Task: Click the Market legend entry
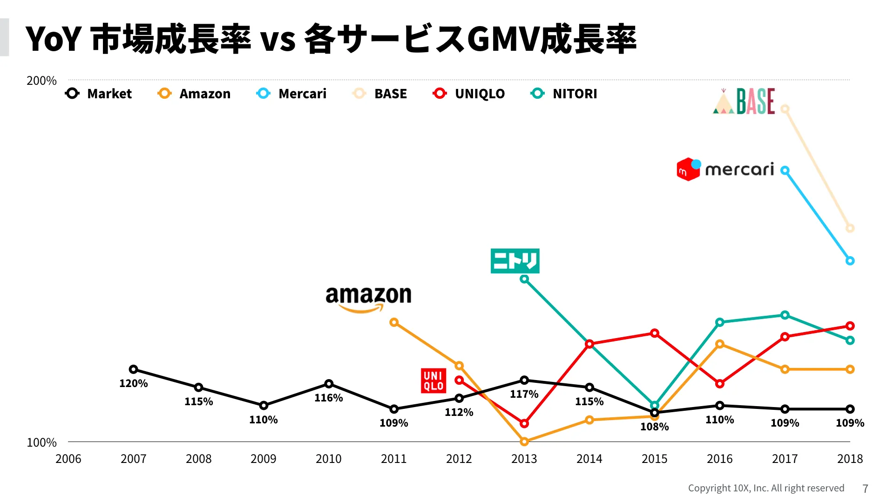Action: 99,94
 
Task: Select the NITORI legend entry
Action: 564,94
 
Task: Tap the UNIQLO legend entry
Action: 469,94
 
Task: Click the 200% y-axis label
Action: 41,81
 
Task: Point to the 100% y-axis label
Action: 41,442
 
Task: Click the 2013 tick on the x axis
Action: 524,459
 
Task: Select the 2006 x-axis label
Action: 68,459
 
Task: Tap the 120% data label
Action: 133,383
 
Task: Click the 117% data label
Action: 524,394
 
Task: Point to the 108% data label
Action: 654,427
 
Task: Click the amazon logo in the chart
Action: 368,298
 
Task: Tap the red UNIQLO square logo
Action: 433,381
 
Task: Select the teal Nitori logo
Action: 515,261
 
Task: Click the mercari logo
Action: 725,169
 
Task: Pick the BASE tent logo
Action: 744,102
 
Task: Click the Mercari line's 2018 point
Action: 850,261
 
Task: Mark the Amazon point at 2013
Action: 524,442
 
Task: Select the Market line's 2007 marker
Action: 133,369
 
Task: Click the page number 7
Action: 865,489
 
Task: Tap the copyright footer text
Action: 766,488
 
